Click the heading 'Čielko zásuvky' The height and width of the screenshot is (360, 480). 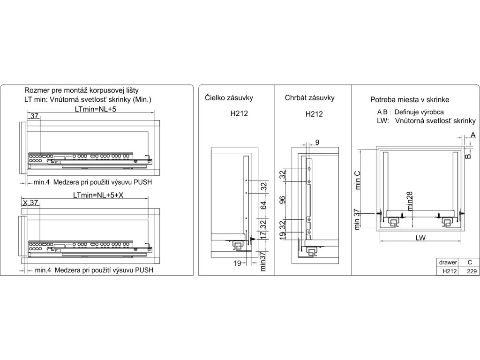coord(229,98)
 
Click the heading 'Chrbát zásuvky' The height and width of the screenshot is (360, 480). coord(309,98)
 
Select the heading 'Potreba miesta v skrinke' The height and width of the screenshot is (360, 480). coord(410,100)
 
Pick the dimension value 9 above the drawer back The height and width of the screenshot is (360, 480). coord(317,142)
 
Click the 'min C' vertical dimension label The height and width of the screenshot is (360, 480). coord(357,180)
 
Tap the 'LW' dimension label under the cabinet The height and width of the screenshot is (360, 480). coord(420,238)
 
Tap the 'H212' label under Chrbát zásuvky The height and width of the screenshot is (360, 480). coord(314,114)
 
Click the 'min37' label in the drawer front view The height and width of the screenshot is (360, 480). coord(263,262)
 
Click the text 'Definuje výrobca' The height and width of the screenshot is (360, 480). coord(419,112)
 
